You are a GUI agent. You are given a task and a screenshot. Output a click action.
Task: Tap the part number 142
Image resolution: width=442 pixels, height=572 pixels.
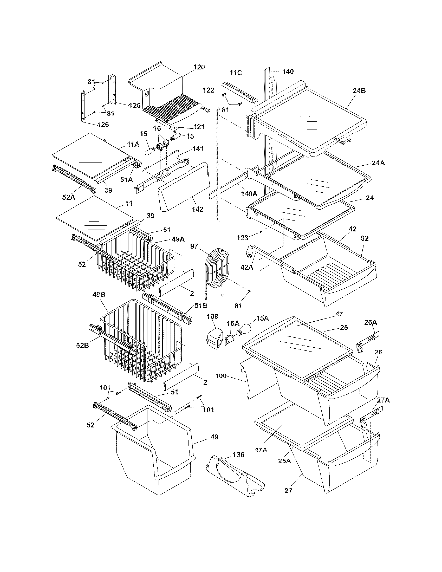point(197,209)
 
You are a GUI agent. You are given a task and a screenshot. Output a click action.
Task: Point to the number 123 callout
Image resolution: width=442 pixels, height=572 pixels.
point(243,238)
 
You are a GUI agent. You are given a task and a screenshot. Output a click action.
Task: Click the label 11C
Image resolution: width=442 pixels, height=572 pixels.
point(236,73)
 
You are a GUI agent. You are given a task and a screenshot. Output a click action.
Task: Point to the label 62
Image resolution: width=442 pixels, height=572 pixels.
point(365,238)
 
